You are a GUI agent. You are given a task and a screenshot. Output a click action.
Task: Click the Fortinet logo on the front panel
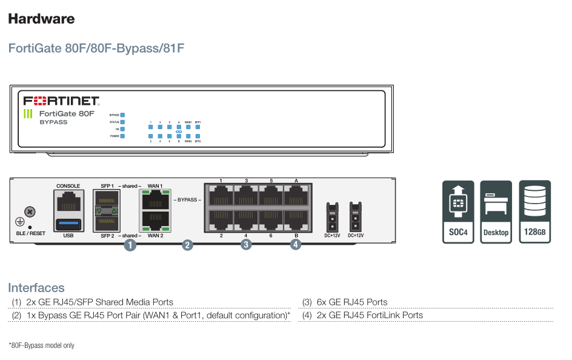[x=61, y=101]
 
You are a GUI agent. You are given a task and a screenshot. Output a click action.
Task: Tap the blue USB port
[x=68, y=225]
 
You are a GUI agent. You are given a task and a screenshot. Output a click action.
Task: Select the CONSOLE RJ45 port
[x=68, y=201]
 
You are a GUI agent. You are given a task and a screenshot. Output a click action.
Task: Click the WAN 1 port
[x=155, y=199]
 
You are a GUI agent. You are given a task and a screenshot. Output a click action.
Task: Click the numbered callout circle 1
[x=130, y=245]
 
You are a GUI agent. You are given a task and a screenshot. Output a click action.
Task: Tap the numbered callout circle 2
[x=188, y=245]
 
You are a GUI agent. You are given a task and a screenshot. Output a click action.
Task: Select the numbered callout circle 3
[x=245, y=244]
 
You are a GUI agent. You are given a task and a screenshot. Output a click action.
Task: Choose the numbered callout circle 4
[x=295, y=244]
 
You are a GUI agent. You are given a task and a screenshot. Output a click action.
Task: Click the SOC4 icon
[x=458, y=212]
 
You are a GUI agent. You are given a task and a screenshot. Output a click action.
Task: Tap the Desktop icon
[x=496, y=212]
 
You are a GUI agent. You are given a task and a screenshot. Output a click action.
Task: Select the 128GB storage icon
[x=534, y=212]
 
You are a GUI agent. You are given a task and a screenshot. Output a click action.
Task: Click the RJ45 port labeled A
[x=296, y=196]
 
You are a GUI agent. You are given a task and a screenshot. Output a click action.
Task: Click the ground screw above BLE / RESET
[x=30, y=212]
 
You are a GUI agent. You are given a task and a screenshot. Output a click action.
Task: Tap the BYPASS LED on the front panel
[x=122, y=115]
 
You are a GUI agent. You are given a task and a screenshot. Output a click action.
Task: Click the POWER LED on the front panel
[x=122, y=136]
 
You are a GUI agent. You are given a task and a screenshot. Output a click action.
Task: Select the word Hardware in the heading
[x=41, y=19]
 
